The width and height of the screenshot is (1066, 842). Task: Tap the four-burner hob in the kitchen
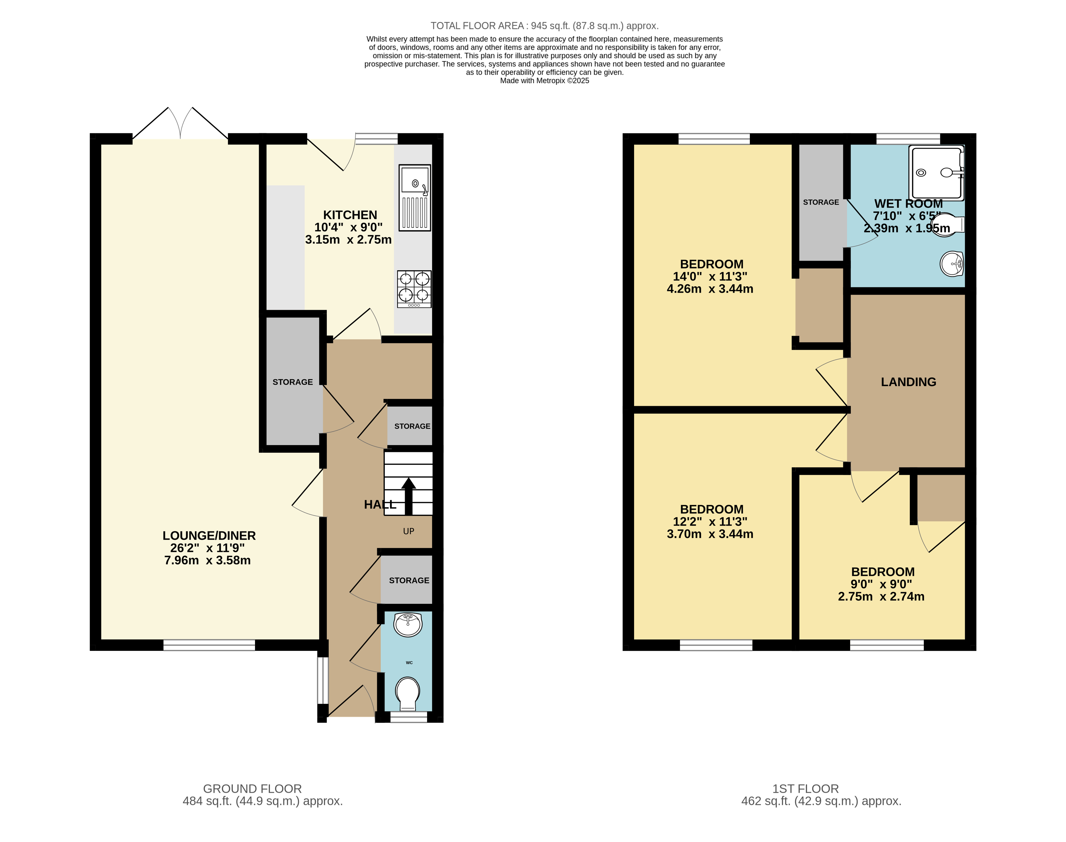pos(414,289)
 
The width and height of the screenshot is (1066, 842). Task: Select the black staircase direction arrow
pos(408,495)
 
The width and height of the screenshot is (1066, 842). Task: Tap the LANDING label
pos(908,382)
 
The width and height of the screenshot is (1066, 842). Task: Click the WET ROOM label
pos(908,204)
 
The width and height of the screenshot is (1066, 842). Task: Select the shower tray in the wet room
pos(936,173)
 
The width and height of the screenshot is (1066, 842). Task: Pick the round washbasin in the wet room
pos(952,264)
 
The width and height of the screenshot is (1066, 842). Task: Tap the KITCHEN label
pos(350,215)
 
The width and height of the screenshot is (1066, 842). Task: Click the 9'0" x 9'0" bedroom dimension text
pos(881,584)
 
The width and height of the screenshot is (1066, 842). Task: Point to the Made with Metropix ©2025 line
pos(544,81)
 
